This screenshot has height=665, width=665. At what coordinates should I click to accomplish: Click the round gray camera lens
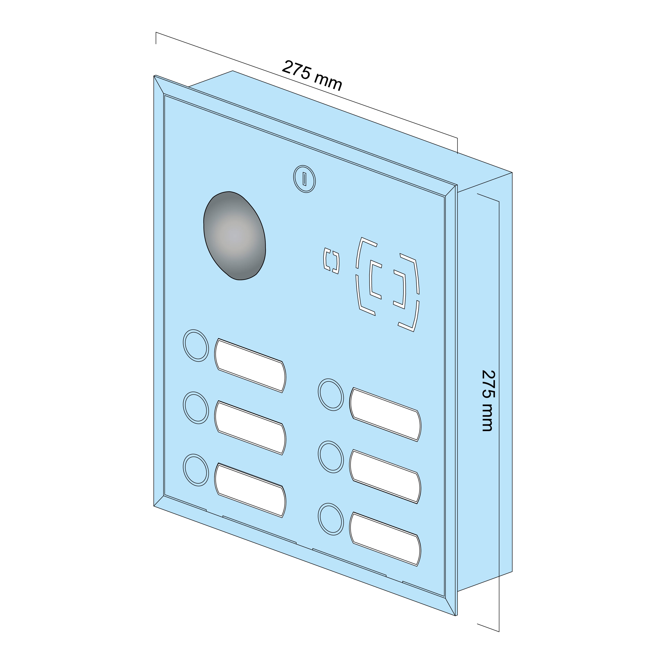235,236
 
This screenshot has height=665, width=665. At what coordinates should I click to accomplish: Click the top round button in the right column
331,395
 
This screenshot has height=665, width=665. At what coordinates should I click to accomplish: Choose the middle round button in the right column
331,457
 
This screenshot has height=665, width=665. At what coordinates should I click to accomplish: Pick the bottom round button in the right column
331,519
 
